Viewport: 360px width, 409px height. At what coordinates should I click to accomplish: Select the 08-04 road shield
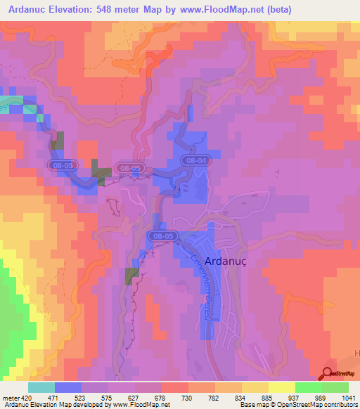click(196, 161)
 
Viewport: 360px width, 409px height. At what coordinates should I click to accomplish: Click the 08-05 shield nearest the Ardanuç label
click(164, 236)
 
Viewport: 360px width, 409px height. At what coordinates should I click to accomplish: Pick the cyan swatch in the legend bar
click(41, 388)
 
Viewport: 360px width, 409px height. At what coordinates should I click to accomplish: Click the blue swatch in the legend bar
click(68, 388)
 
